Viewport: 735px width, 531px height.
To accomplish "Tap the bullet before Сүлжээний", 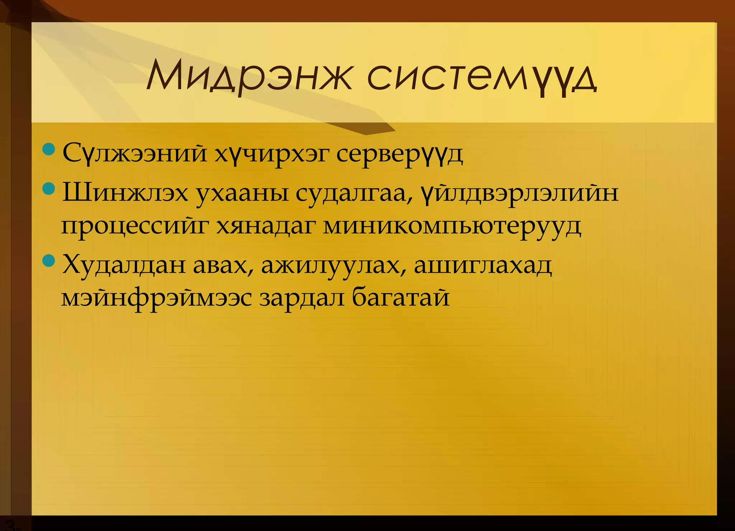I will pyautogui.click(x=48, y=149).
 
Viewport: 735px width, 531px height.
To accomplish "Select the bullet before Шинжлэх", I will pyautogui.click(x=48, y=188).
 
